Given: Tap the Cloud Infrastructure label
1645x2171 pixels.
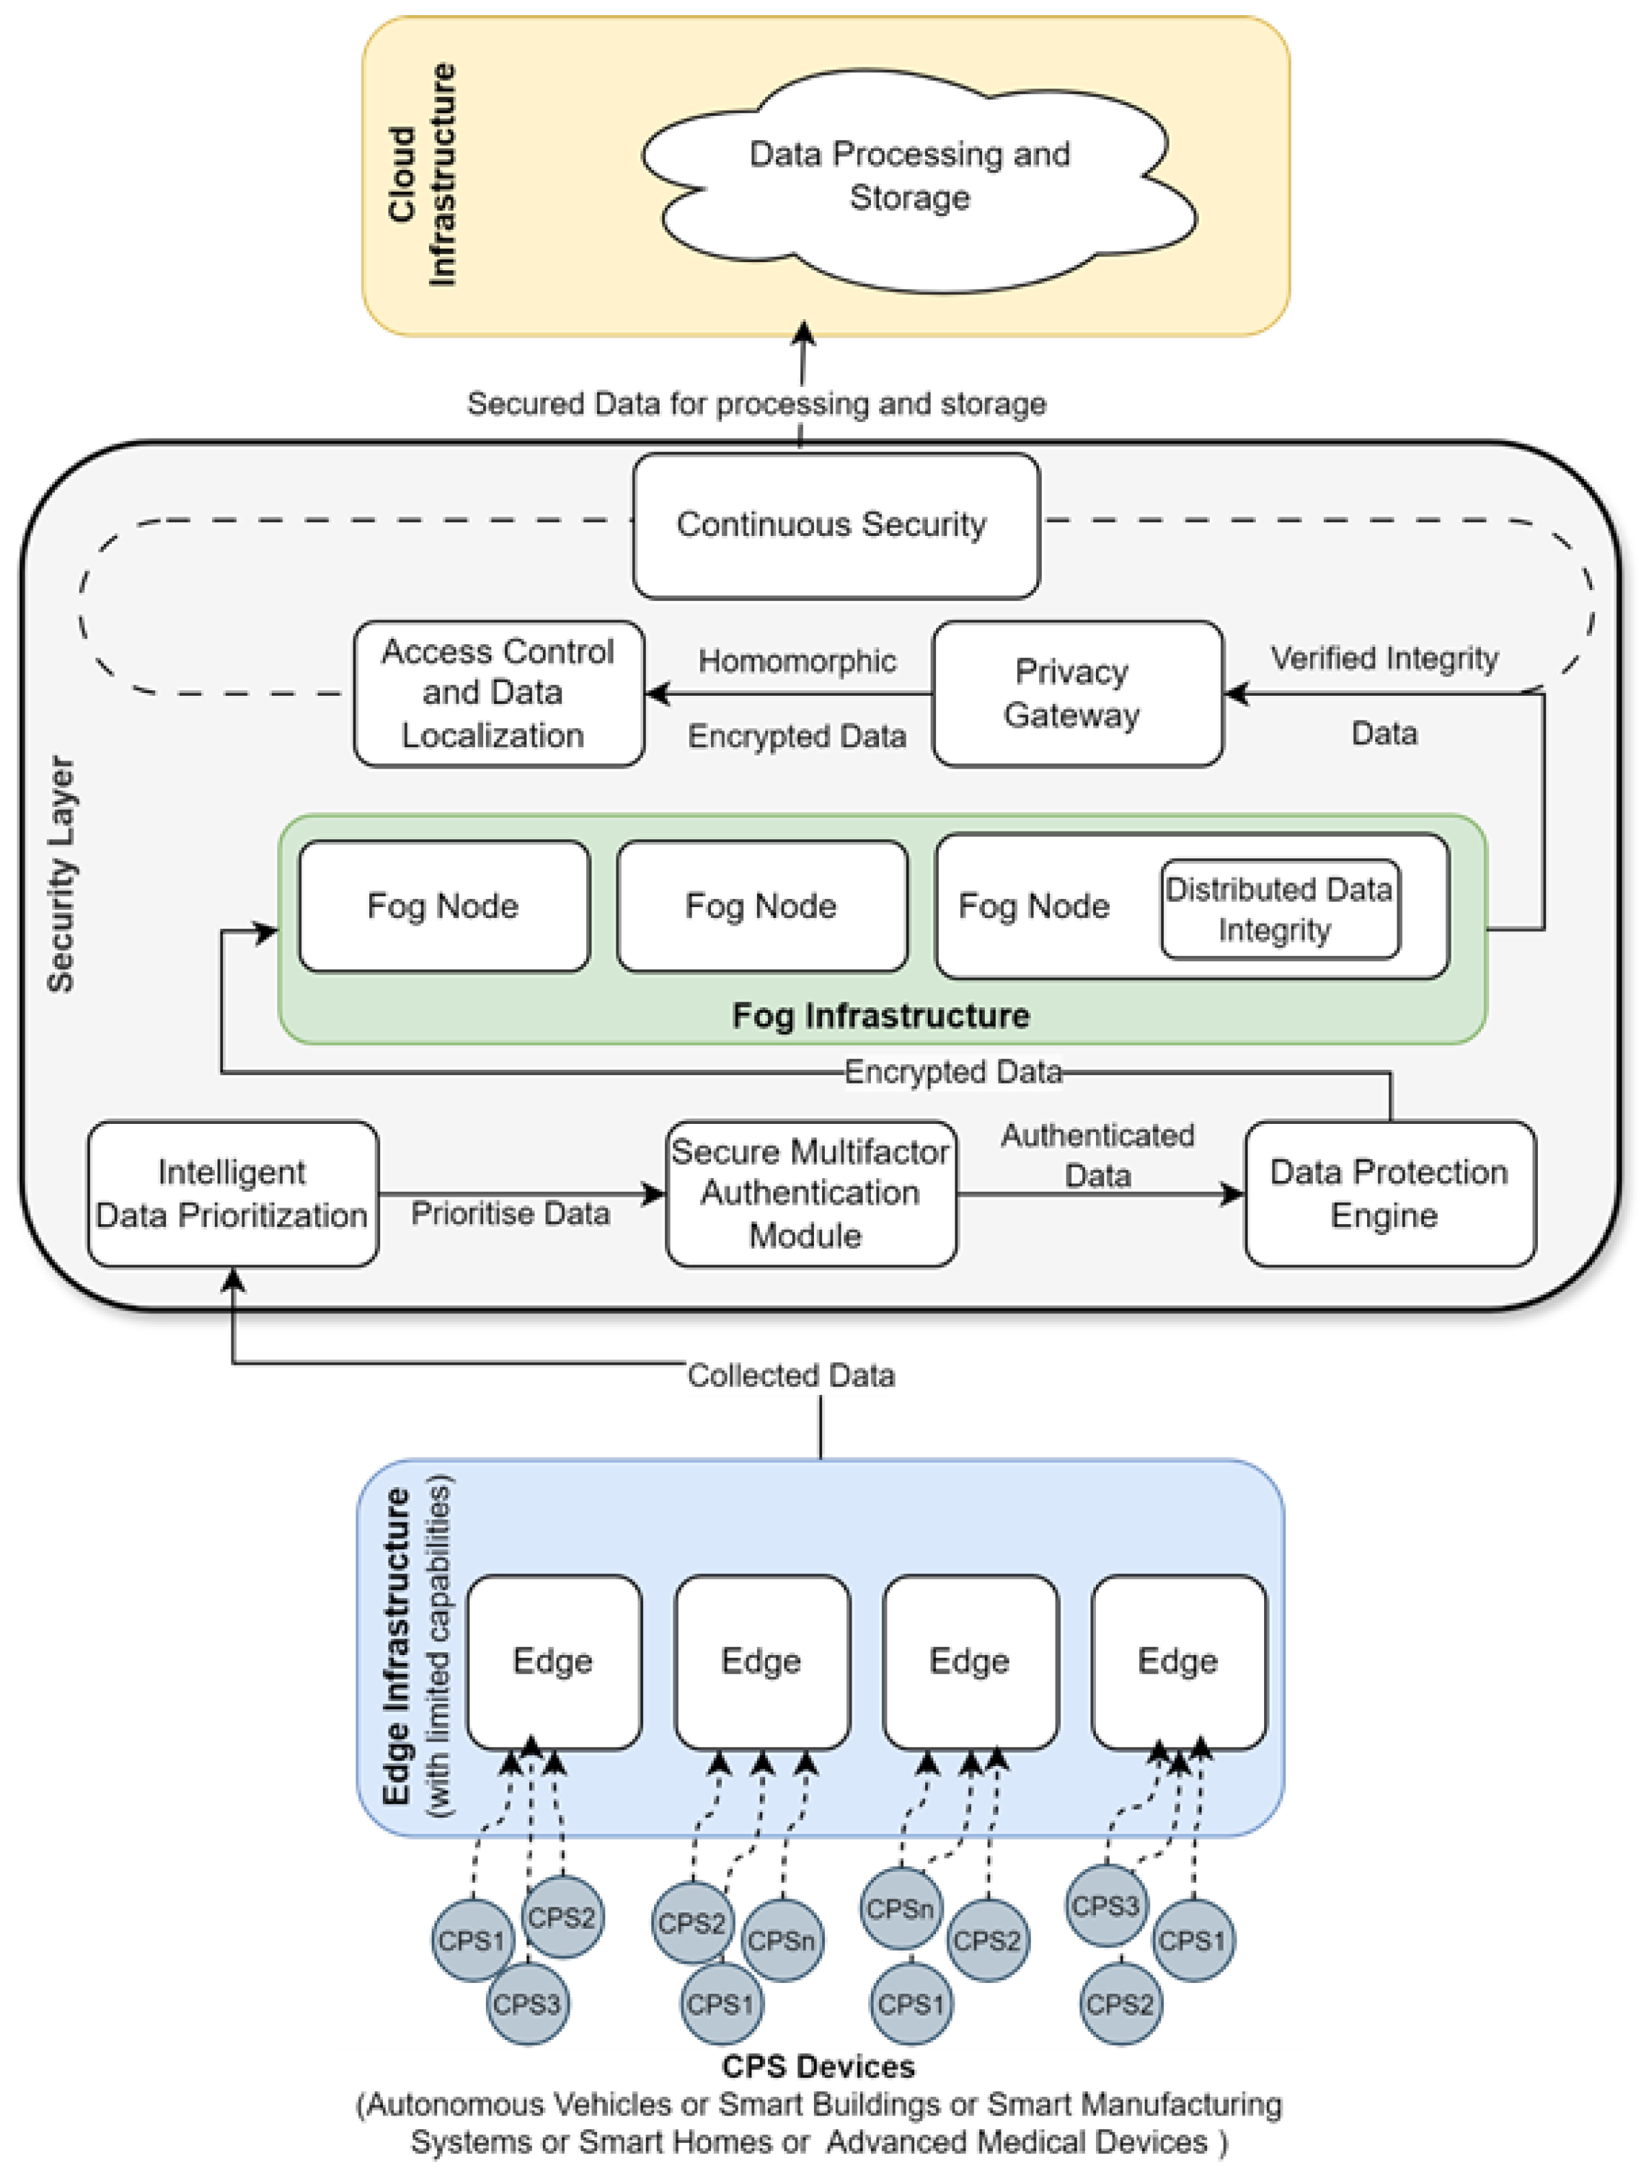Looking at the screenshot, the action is (423, 175).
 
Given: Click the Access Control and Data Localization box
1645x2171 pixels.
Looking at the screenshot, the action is (499, 693).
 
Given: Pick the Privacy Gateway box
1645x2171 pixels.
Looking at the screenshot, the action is (1077, 693).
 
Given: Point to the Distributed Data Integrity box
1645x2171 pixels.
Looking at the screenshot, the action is (1280, 909).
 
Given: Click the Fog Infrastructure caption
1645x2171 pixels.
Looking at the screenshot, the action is (880, 1015).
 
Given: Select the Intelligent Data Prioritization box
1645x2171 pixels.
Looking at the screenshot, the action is (233, 1193).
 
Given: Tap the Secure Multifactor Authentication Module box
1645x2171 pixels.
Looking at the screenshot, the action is (810, 1193).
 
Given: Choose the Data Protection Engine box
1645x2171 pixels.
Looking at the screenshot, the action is (1390, 1193).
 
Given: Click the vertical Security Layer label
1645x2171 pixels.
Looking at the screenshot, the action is (61, 873).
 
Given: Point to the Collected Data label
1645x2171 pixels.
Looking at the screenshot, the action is (791, 1375).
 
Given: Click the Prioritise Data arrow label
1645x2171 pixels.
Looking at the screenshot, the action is (511, 1214).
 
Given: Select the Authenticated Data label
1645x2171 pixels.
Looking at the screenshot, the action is (1097, 1155).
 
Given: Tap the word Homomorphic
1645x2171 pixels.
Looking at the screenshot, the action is (797, 661).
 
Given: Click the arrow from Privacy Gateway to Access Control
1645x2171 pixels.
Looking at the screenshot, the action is (789, 694).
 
